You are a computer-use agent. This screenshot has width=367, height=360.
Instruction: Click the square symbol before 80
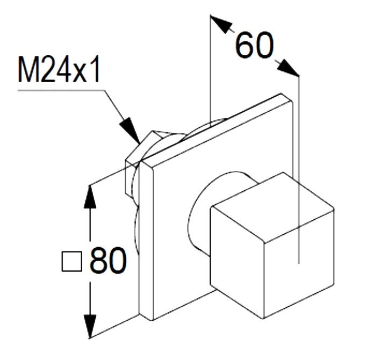pos(72,262)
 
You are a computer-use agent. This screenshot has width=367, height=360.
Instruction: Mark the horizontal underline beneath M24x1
pos(59,90)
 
